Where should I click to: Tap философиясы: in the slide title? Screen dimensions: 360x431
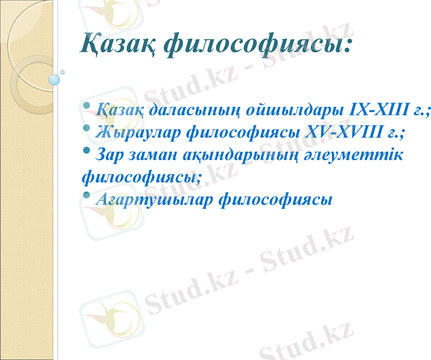258,44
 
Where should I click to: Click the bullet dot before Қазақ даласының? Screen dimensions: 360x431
88,106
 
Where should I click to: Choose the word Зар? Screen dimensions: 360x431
110,154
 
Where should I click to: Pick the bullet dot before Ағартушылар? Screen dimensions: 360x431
88,194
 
